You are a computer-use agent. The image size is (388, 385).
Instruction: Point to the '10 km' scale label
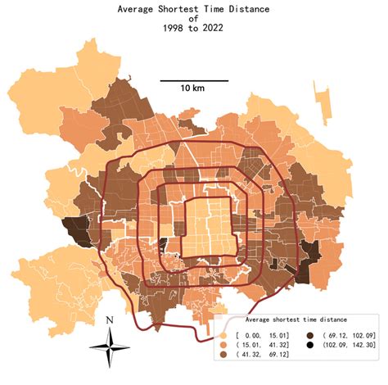tap(193, 88)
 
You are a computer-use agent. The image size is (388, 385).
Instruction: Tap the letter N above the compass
tap(110, 319)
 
